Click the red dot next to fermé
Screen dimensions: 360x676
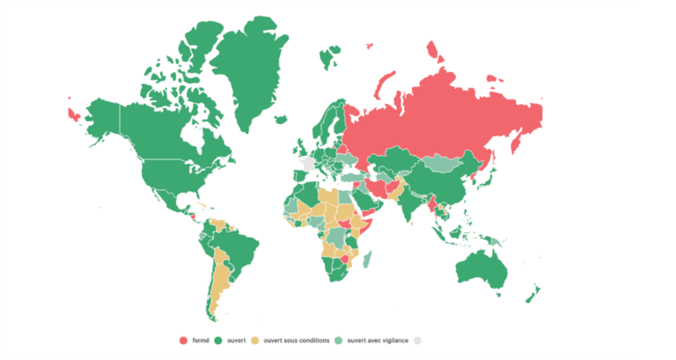pos(183,340)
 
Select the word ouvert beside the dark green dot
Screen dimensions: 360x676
pos(236,340)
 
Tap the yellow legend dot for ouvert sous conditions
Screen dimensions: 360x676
pos(256,340)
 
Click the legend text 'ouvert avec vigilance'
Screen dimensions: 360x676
pos(378,340)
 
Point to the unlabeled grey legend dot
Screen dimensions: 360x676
pos(418,340)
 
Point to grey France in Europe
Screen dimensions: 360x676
pos(307,164)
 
